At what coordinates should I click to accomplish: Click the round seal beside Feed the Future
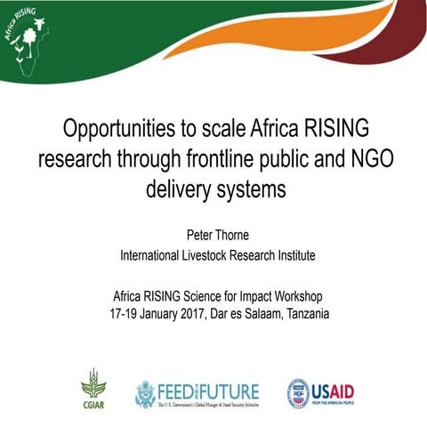coord(145,391)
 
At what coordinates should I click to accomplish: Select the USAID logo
coord(321,391)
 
